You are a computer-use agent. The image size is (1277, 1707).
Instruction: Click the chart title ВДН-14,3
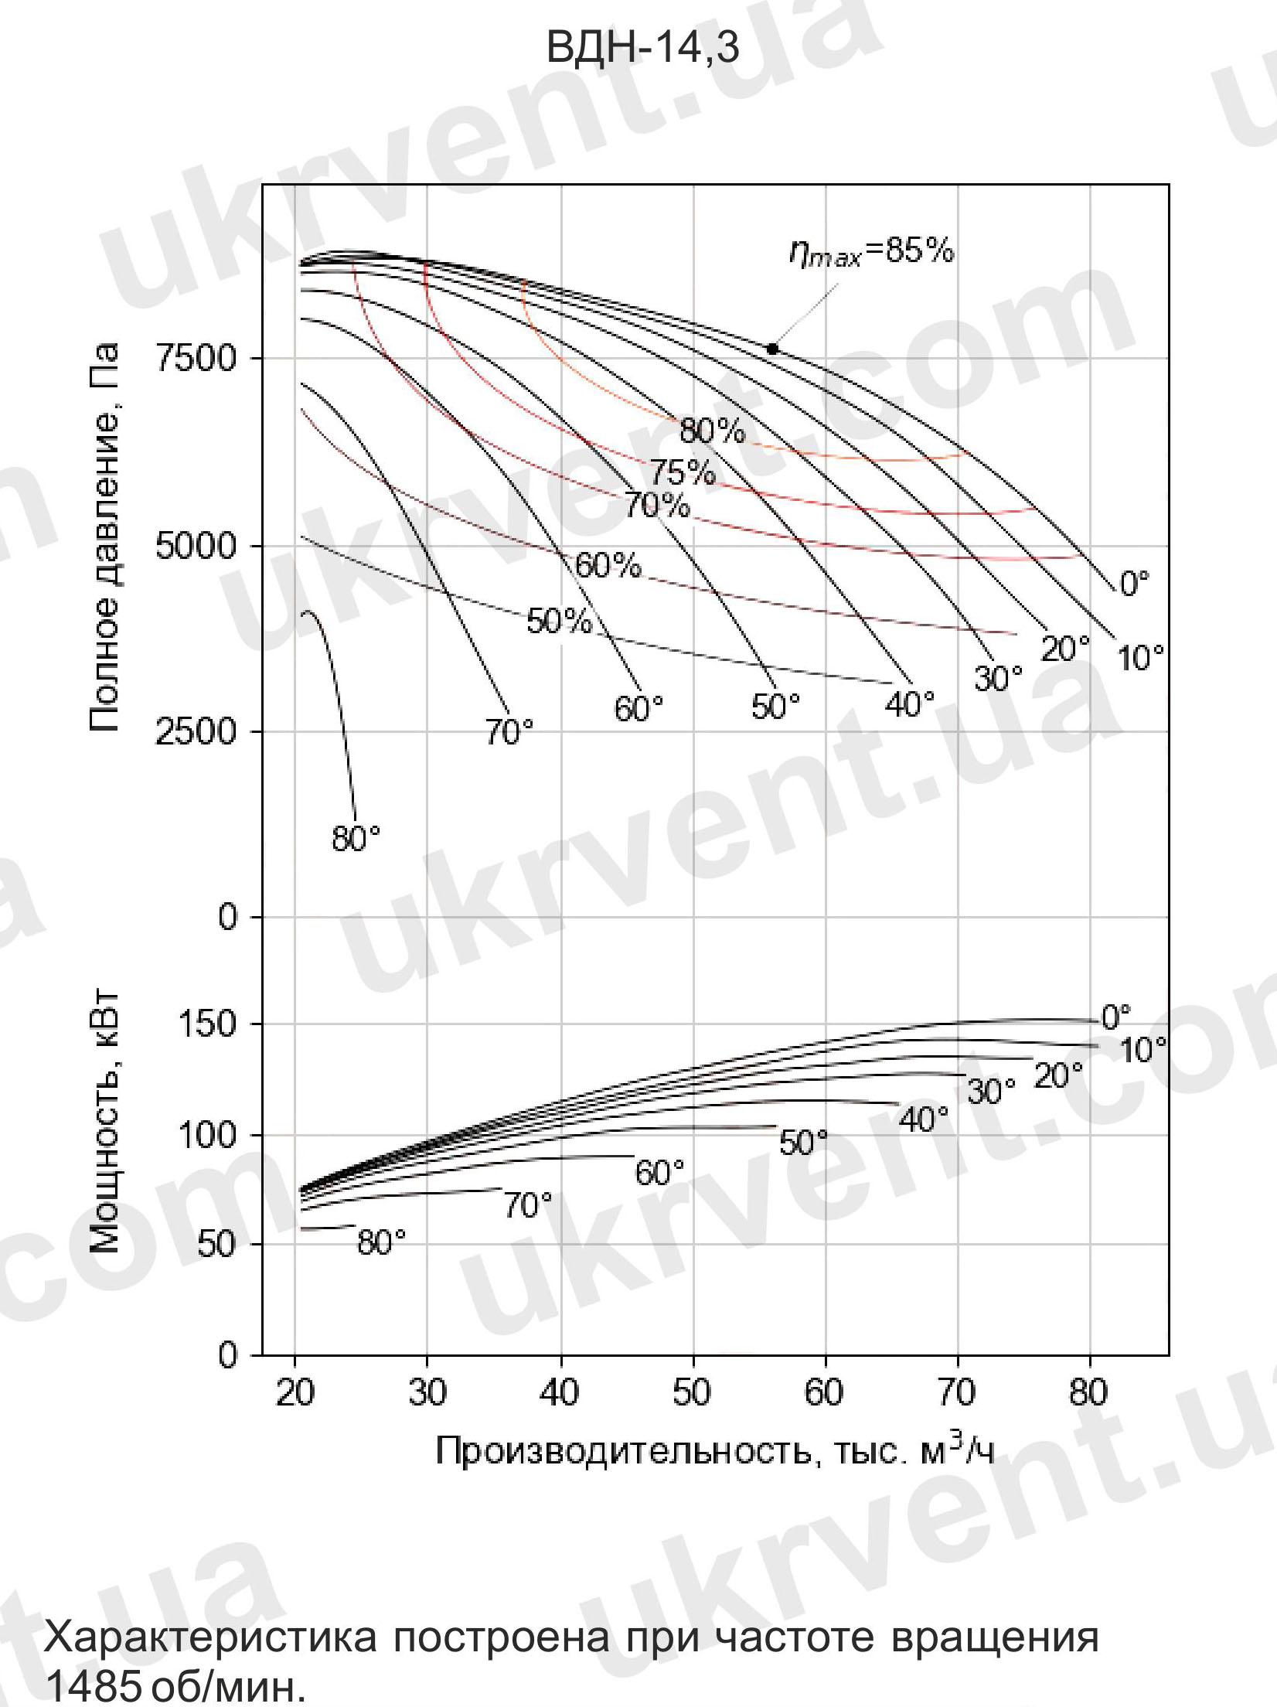[642, 48]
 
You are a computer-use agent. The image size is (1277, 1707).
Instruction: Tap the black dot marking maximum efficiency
[771, 349]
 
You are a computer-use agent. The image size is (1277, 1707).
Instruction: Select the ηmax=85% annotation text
[871, 252]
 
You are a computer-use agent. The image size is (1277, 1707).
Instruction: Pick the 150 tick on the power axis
[206, 1024]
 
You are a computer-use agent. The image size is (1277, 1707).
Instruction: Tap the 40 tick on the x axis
[560, 1392]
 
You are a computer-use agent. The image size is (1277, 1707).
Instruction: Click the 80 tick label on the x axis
[1088, 1392]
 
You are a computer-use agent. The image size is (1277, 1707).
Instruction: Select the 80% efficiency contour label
[712, 431]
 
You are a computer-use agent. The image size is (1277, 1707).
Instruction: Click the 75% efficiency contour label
[681, 472]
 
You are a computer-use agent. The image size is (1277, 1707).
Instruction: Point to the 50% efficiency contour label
[560, 621]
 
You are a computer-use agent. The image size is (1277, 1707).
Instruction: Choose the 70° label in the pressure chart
[509, 731]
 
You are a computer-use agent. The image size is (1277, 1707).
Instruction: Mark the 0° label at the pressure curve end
[1134, 584]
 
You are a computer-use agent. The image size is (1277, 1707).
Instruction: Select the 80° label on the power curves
[381, 1242]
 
